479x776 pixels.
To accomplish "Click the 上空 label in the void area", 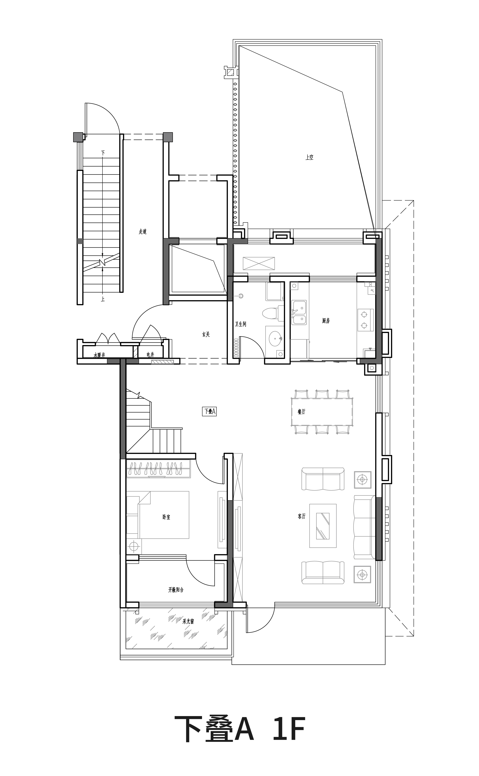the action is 309,157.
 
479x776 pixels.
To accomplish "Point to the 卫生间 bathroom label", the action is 241,324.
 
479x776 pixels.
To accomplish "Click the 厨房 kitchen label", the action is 326,321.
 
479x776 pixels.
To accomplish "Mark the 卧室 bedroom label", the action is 166,517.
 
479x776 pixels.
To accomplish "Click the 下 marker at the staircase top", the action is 103,153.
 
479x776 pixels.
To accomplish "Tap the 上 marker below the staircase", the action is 103,299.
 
